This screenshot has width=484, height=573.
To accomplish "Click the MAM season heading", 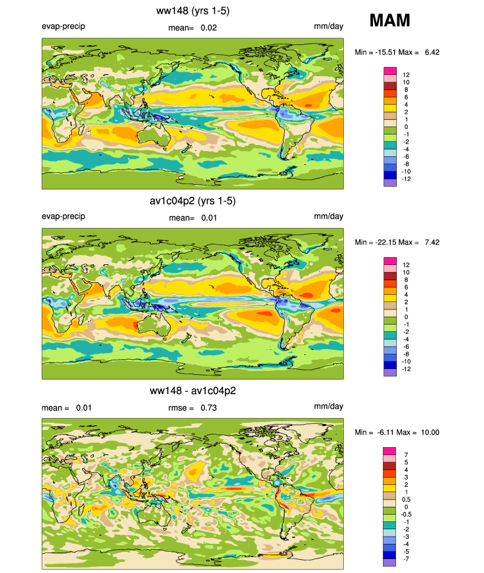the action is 389,21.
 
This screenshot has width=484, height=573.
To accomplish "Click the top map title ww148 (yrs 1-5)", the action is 192,11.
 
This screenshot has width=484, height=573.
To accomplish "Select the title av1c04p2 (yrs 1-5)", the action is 192,201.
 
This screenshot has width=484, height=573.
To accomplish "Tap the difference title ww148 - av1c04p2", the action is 192,391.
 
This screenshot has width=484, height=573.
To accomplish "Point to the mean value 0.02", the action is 209,28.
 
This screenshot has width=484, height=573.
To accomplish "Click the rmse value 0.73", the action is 209,408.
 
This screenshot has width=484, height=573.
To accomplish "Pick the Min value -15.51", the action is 385,52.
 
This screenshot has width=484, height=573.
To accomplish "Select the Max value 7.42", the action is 432,242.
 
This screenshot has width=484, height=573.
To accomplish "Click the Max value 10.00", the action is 430,433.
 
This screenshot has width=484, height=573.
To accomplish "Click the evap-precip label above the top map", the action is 63,26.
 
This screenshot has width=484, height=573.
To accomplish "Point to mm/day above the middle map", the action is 329,217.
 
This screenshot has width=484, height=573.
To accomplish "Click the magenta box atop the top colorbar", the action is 390,71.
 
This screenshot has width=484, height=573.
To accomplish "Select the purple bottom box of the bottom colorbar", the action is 390,562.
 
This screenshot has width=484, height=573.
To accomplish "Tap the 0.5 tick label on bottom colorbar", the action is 406,499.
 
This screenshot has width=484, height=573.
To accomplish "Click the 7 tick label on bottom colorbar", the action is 406,455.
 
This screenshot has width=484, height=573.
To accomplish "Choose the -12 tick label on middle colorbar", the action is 406,369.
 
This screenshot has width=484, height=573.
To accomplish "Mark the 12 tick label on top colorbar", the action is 406,75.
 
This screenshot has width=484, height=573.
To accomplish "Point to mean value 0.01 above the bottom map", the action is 84,408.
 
